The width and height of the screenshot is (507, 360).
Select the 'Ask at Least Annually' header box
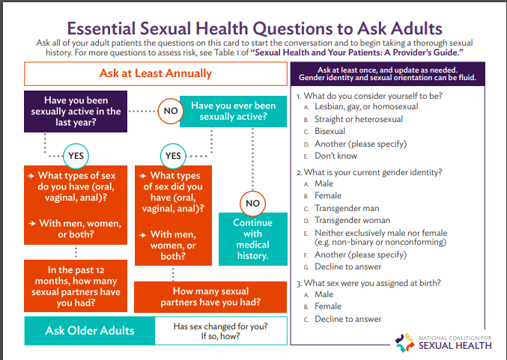[156, 74]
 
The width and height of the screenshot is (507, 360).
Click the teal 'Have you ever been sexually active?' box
[233, 112]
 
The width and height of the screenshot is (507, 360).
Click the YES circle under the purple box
[77, 156]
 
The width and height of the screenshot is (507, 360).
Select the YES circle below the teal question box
[173, 156]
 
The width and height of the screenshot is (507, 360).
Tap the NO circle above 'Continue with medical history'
[253, 203]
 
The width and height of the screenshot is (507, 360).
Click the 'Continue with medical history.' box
[252, 240]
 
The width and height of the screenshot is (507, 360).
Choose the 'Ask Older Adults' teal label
[90, 331]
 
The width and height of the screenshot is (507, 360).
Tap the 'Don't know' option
[336, 156]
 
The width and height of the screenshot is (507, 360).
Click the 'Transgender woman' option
[352, 220]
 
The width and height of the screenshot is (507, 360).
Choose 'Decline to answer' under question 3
[347, 319]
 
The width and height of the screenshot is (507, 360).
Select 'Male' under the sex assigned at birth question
[324, 295]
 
